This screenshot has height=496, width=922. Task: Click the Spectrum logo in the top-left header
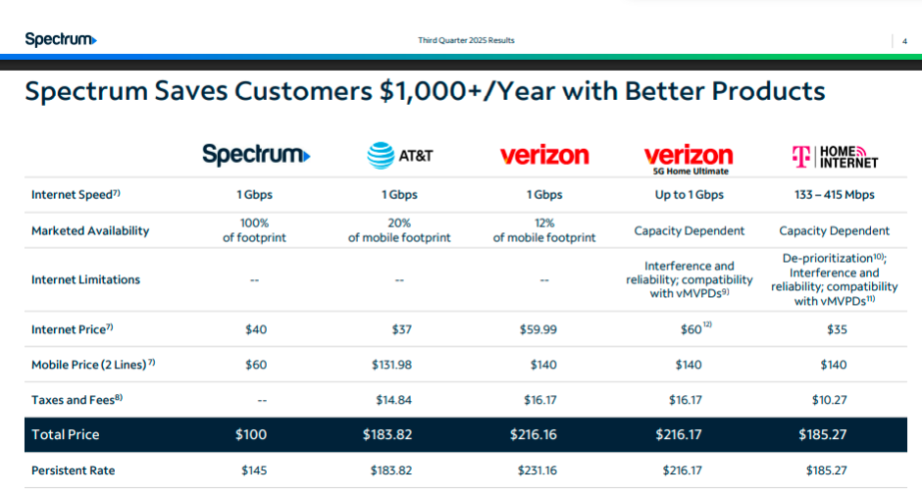click(61, 39)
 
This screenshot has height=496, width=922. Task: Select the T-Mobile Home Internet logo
click(835, 157)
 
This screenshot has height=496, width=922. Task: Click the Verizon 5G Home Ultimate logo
click(689, 160)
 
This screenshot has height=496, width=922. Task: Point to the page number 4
click(904, 41)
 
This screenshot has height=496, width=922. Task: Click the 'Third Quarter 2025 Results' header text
click(466, 40)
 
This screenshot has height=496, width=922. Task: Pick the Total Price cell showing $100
click(251, 434)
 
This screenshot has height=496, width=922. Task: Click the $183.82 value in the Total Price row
click(387, 434)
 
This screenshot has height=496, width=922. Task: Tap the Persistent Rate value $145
click(254, 471)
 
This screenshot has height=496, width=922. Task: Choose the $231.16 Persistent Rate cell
click(537, 471)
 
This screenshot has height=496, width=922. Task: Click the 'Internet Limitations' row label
click(86, 279)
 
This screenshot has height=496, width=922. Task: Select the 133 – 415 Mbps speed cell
click(835, 194)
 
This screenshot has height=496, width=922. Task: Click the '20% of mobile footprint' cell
click(399, 230)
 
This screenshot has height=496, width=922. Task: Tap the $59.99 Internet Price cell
click(538, 329)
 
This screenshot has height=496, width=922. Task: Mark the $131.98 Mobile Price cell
click(391, 365)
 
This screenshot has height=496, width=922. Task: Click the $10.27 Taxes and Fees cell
click(830, 400)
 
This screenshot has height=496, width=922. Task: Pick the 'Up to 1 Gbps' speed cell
click(690, 194)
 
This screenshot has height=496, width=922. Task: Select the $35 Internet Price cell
click(838, 329)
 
